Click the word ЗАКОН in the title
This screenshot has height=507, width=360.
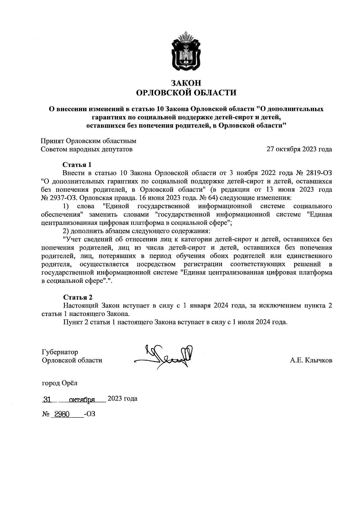[x=186, y=83]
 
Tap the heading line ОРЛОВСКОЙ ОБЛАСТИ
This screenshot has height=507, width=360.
[x=186, y=93]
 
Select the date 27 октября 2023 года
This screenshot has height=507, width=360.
[x=299, y=149]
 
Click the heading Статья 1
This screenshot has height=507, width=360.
[x=77, y=165]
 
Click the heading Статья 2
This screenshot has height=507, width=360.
[x=78, y=297]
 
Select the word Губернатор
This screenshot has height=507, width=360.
[x=60, y=352]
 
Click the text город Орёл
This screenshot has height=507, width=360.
[x=59, y=383]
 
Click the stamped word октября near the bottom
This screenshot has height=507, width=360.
[x=82, y=399]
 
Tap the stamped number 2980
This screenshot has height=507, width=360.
[x=61, y=414]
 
